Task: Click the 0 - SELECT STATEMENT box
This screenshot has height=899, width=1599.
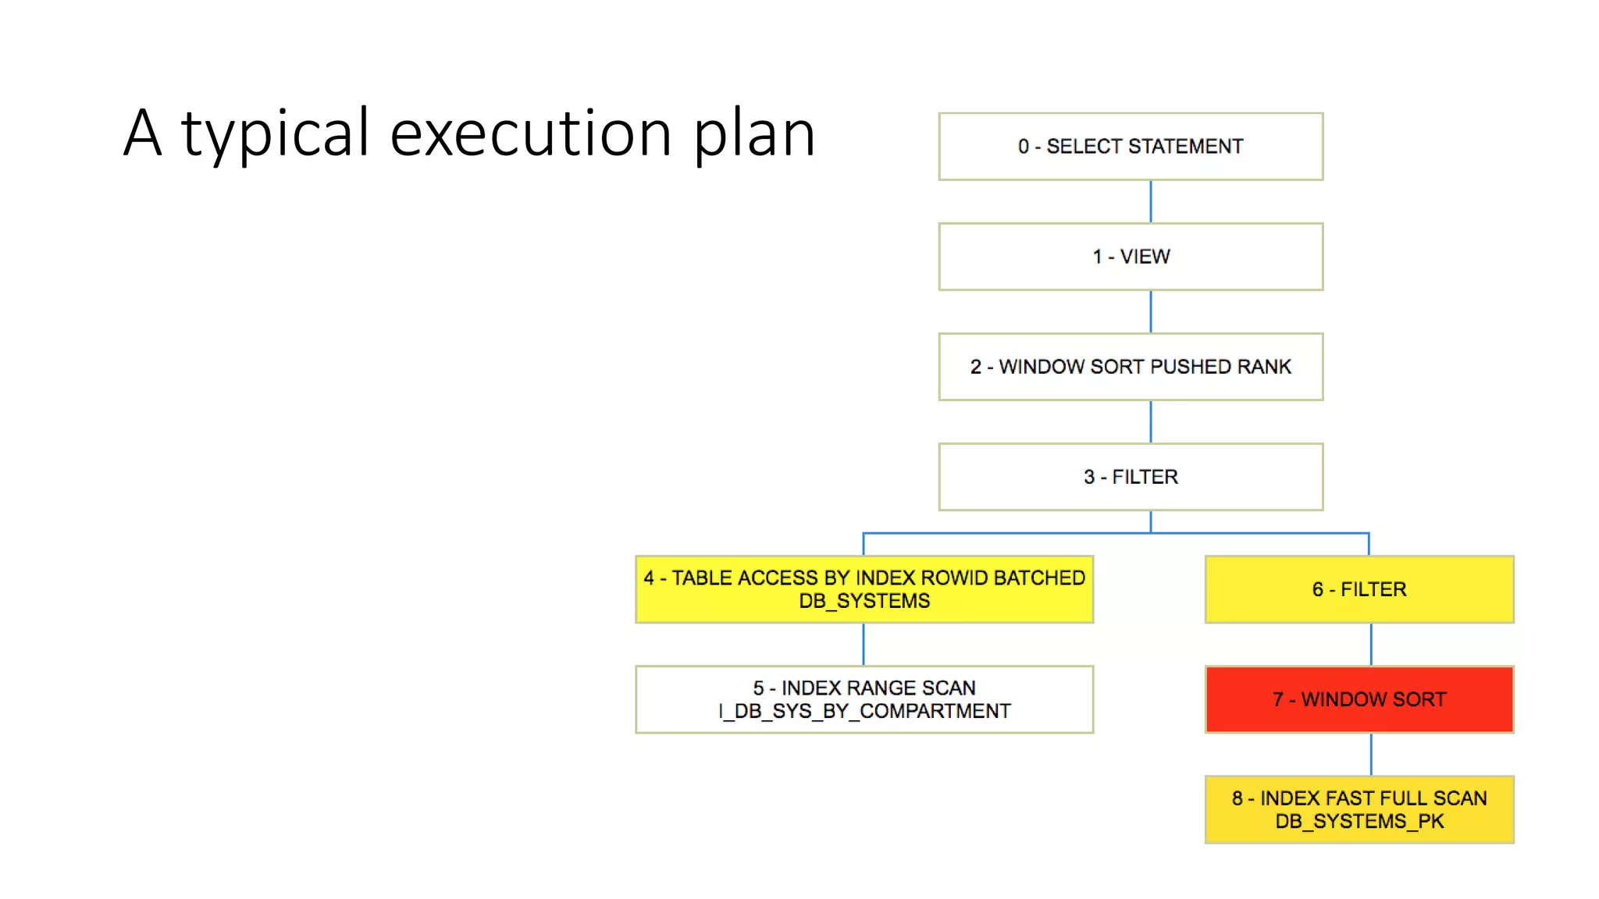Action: (1131, 147)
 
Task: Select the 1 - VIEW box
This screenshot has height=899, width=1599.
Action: (1131, 257)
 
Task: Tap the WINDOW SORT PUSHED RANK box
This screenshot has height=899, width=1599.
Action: (1131, 367)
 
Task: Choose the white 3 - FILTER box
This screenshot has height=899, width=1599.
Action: (1131, 477)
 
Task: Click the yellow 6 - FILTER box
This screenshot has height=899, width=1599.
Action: (1359, 589)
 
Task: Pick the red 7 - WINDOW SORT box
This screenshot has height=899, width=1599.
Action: (1359, 699)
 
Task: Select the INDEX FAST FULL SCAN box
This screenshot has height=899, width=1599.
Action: (1359, 809)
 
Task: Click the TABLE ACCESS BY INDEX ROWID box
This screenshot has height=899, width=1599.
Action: (864, 589)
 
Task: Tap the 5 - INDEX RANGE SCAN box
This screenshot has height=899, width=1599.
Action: (864, 699)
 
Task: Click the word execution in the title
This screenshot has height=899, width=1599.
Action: (531, 133)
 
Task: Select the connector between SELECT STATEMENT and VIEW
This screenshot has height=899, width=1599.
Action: (1151, 201)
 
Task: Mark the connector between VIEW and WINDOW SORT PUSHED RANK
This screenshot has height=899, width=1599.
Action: (1151, 311)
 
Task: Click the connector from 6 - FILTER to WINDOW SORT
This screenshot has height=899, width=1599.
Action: (1371, 644)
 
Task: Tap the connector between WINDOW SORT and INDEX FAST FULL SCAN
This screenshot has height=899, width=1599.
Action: (1371, 754)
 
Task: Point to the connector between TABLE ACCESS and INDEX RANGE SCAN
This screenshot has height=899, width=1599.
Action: (864, 644)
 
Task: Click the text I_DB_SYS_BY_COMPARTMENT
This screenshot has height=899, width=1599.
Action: (864, 712)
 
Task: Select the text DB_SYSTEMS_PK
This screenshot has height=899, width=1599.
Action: (1359, 822)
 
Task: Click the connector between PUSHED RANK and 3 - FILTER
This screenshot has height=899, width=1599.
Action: (1151, 421)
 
